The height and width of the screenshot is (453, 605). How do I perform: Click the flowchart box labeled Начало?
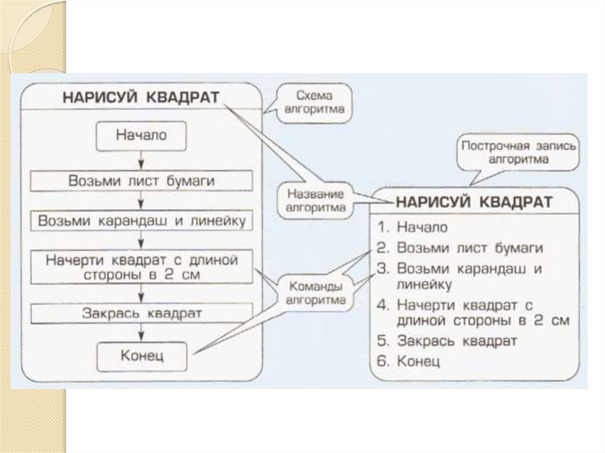[141, 136]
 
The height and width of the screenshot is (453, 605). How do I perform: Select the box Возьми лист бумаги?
[141, 181]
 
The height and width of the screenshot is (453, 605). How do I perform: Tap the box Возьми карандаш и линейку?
[141, 221]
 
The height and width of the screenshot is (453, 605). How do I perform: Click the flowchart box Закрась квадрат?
[141, 313]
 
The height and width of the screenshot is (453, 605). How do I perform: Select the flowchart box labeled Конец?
[141, 356]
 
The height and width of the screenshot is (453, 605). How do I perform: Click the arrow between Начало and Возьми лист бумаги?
[141, 161]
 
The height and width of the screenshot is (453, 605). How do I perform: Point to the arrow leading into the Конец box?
[141, 334]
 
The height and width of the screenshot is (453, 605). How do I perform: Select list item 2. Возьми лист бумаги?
[460, 247]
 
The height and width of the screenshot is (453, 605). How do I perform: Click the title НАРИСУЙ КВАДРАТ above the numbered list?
[474, 202]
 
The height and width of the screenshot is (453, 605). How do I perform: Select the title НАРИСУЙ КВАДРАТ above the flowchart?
[141, 97]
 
